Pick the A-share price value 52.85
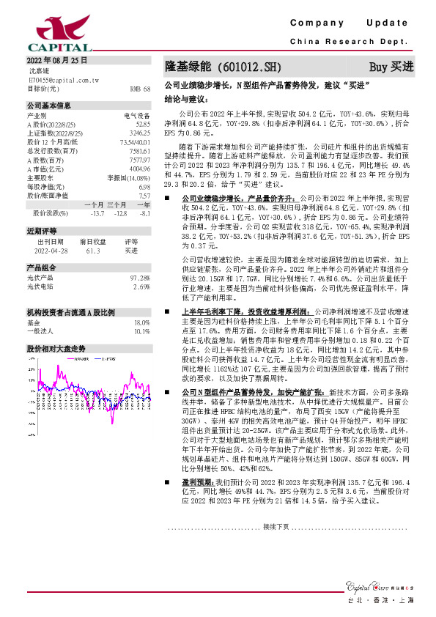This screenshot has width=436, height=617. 143,125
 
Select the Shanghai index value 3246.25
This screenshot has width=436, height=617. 140,133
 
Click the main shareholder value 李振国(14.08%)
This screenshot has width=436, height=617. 129,177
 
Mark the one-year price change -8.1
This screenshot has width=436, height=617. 144,213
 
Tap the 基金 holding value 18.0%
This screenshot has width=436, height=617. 141,322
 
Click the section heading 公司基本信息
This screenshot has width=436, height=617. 49,105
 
